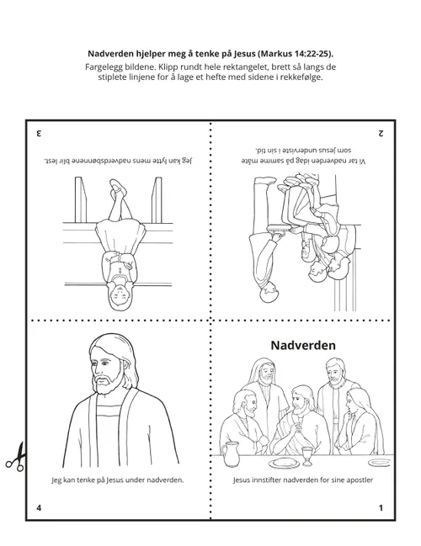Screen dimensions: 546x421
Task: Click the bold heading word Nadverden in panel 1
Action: pyautogui.click(x=302, y=345)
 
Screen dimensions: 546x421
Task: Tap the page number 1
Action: pyautogui.click(x=381, y=508)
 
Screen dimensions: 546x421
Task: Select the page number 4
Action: pyautogui.click(x=39, y=508)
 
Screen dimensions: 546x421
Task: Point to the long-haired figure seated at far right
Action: pyautogui.click(x=358, y=425)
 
